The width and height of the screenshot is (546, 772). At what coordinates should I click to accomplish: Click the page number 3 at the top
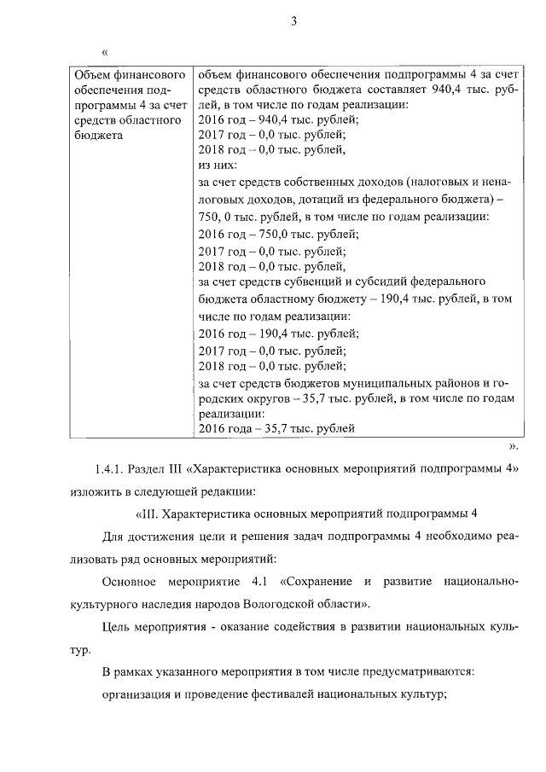pyautogui.click(x=293, y=22)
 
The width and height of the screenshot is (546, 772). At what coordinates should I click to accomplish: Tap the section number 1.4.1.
pyautogui.click(x=112, y=470)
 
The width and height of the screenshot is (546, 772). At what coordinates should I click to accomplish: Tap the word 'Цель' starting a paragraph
pyautogui.click(x=115, y=628)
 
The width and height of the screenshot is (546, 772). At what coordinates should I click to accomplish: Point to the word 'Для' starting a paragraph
pyautogui.click(x=111, y=537)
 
